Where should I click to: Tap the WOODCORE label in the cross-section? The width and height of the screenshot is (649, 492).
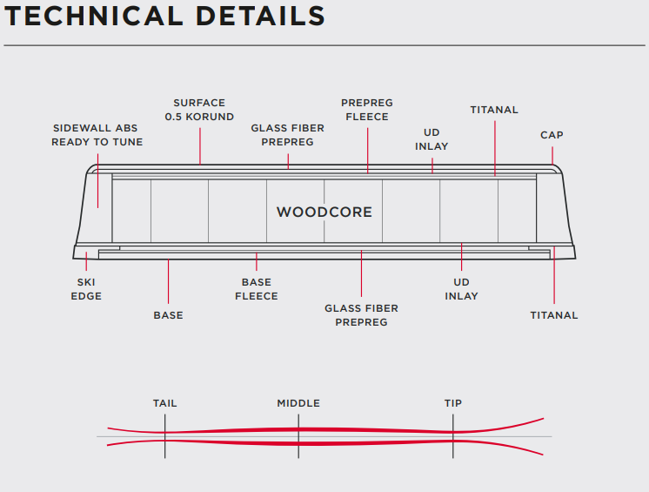tap(324, 212)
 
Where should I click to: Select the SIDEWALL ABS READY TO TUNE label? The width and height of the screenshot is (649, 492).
tap(97, 135)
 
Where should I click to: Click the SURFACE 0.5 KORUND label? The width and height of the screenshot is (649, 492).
tap(199, 110)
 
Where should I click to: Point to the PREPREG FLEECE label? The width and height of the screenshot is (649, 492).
tap(365, 110)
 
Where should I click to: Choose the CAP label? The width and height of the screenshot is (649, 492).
tap(552, 135)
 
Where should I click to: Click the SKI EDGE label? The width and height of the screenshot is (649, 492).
tap(86, 289)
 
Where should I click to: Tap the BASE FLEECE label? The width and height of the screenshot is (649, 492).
tap(257, 289)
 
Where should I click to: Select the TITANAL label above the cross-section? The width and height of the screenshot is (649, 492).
tap(494, 110)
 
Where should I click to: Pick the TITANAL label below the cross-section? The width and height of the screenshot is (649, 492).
tap(554, 315)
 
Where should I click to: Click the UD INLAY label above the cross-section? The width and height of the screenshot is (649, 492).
tap(432, 139)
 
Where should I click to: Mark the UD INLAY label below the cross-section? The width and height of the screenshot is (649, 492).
tap(461, 289)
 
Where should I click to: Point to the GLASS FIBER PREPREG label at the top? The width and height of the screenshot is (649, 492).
tap(288, 135)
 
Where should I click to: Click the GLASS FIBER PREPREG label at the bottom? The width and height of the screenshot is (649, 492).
tap(361, 315)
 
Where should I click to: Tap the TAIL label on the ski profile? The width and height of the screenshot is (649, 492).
tap(165, 403)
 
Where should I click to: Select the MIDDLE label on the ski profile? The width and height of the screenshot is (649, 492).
tap(298, 403)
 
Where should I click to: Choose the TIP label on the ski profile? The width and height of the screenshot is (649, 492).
tap(453, 403)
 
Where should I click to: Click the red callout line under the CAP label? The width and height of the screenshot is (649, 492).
tap(552, 153)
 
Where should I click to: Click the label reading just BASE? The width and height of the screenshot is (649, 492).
tap(168, 315)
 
